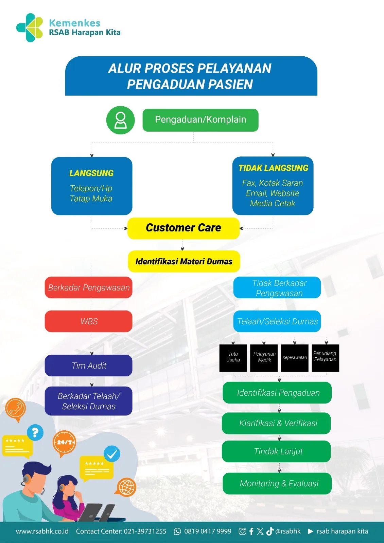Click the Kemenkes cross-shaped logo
30,27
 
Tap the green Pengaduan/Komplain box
200,120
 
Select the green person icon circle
120,120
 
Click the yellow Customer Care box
183,228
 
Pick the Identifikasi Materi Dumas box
184,261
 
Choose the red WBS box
89,321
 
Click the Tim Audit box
89,365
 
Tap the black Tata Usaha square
233,358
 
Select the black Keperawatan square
295,358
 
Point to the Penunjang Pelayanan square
325,358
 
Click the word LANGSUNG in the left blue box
91,173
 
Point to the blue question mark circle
35,432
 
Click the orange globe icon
126,487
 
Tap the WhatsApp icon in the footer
177,531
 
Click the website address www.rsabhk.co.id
42,531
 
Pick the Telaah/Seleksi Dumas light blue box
277,321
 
